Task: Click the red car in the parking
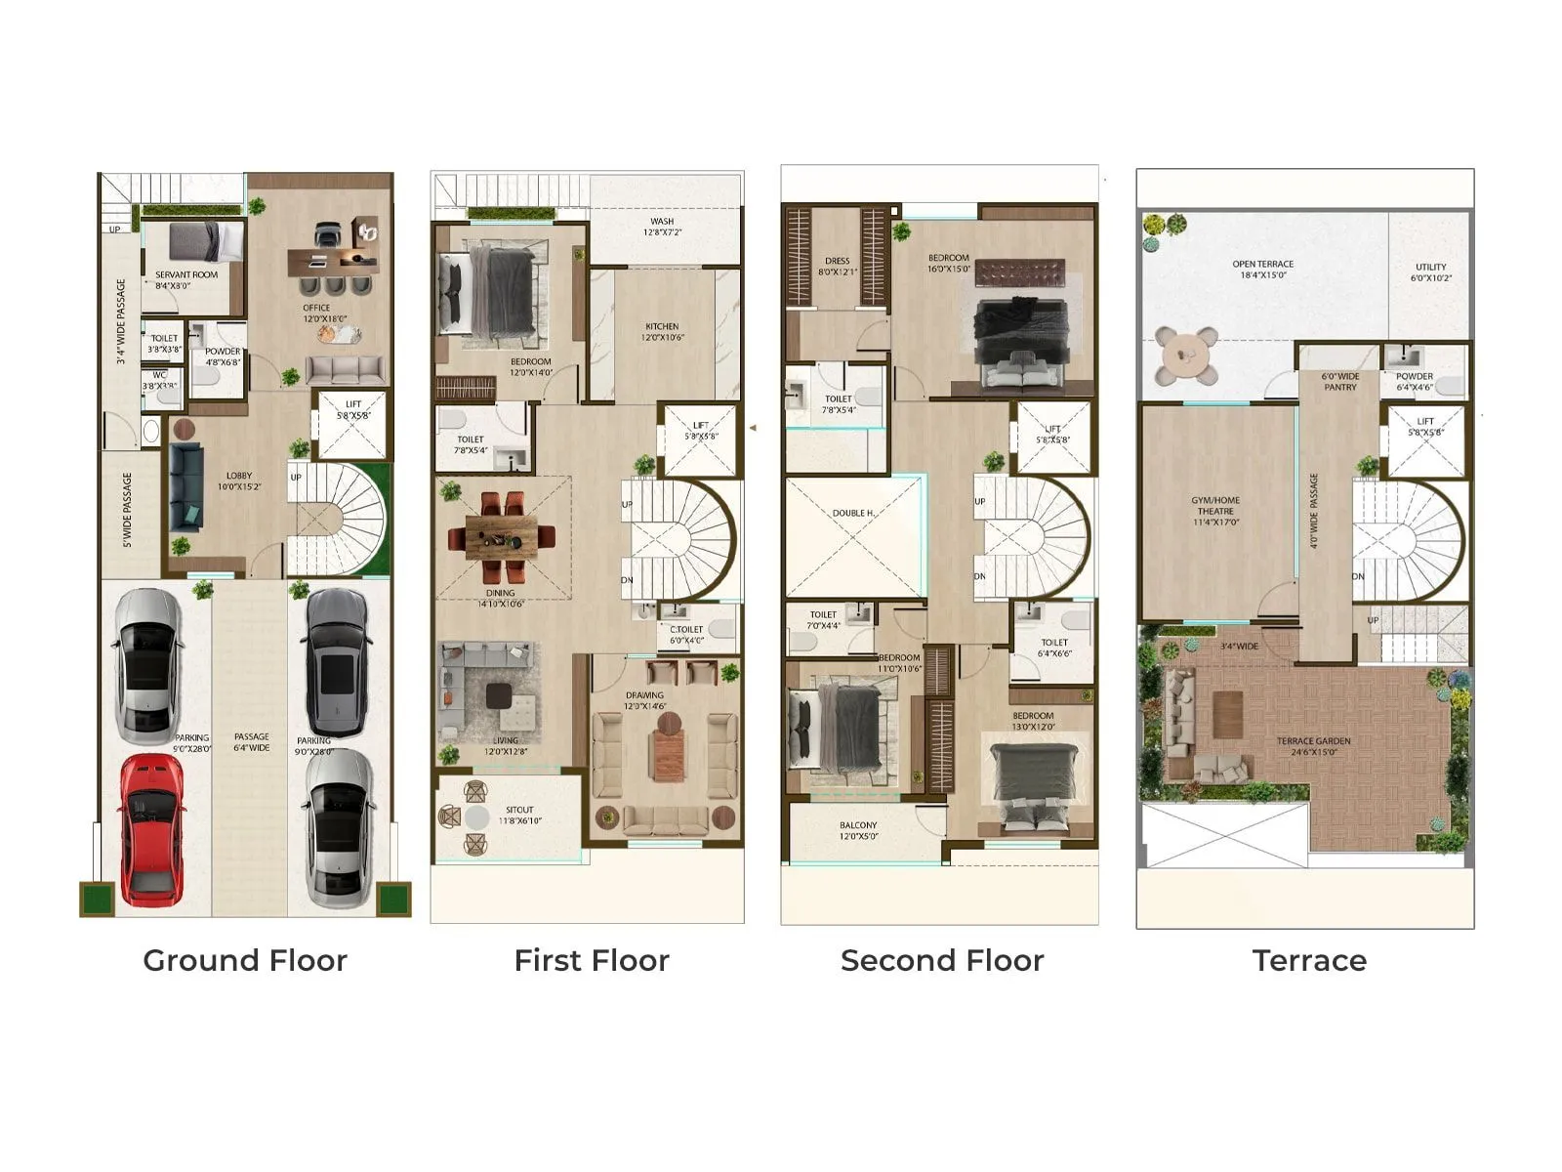tap(152, 828)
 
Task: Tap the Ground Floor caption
tap(245, 960)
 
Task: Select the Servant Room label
tap(186, 280)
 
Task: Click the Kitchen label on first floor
tap(662, 332)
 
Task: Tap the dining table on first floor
tap(500, 536)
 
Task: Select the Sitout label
tap(519, 815)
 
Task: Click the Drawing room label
tap(645, 700)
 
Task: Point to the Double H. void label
tap(853, 513)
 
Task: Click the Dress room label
tap(838, 266)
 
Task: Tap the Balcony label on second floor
tap(858, 830)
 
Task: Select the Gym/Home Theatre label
tap(1215, 511)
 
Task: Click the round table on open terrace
tap(1186, 356)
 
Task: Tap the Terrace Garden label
tap(1314, 746)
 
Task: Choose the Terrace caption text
tap(1309, 960)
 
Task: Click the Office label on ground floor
tap(316, 313)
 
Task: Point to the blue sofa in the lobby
tap(185, 486)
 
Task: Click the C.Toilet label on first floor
tap(686, 635)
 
